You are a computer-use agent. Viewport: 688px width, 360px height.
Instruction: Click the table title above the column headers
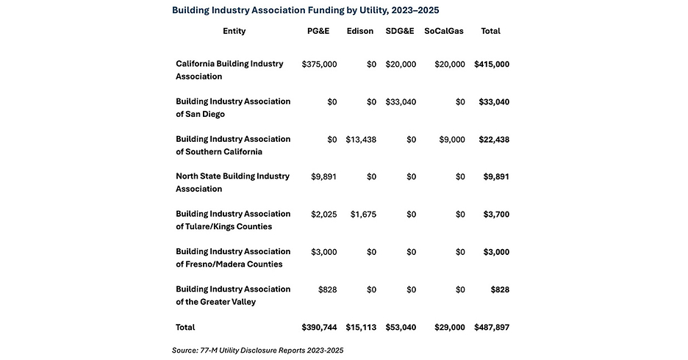305,10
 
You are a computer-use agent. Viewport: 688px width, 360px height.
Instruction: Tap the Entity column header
234,31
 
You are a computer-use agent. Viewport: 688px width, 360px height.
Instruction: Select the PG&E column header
318,31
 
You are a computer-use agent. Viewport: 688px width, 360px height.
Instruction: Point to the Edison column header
359,31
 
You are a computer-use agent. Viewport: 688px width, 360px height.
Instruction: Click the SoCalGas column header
444,31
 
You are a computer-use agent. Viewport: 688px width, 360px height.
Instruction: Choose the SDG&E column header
400,31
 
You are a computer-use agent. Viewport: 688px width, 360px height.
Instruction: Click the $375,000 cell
320,65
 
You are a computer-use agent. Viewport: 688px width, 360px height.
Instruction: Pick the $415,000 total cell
492,65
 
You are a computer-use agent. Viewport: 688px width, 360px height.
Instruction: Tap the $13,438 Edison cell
361,140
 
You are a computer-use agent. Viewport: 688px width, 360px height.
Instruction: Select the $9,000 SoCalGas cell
452,140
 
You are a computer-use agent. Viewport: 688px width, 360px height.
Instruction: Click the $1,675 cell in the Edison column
363,215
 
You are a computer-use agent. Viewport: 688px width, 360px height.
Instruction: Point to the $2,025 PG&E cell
324,215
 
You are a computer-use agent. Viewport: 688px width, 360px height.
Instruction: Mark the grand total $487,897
492,328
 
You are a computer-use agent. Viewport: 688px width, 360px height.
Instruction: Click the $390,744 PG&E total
320,328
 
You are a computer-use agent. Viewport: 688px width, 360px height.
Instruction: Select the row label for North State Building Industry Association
232,182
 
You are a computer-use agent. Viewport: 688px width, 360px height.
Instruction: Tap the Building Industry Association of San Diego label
233,108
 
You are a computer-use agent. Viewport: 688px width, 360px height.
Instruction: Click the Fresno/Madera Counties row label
233,258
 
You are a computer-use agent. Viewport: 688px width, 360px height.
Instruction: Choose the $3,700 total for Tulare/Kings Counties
496,215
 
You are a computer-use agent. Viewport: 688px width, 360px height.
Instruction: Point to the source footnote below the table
257,350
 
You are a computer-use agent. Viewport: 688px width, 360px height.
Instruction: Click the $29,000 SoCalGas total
450,328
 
